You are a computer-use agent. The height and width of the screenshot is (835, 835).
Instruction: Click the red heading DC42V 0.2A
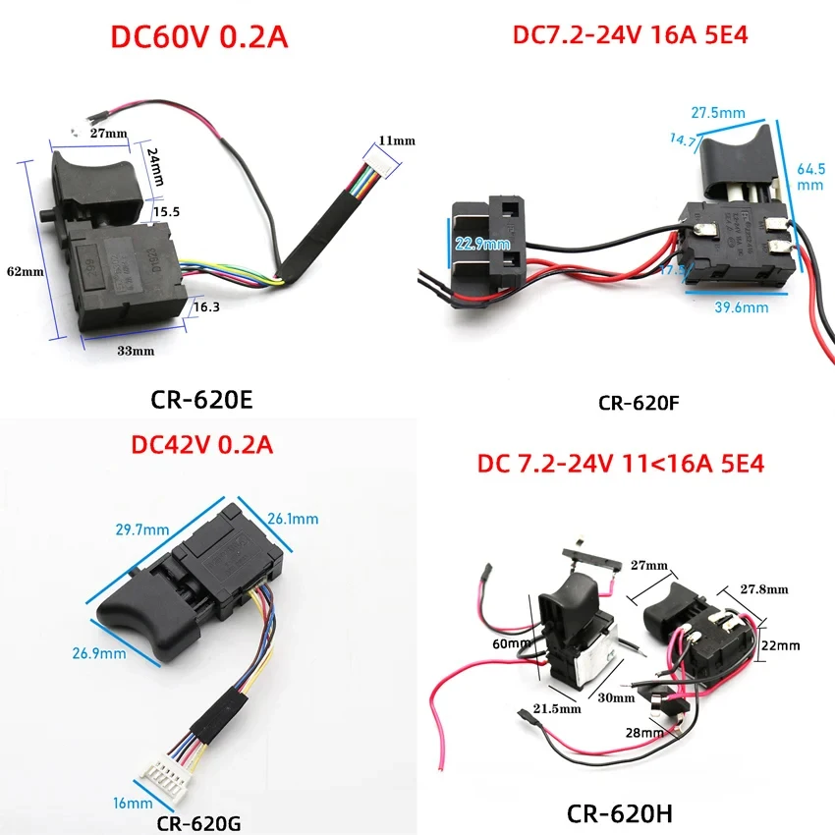201,444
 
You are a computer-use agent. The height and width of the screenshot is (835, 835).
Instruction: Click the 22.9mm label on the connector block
481,243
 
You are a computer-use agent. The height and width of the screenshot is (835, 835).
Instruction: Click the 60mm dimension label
507,642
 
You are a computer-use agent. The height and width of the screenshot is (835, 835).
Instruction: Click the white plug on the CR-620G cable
173,778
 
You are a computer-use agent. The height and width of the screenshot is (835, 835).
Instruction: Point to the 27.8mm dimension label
764,590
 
